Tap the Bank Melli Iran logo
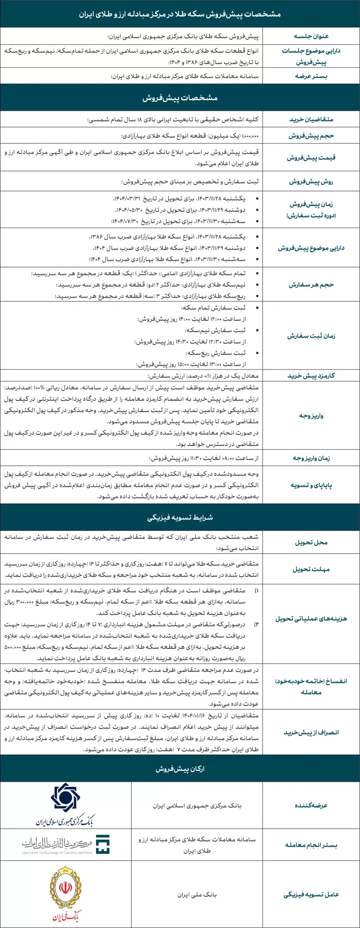pyautogui.click(x=65, y=893)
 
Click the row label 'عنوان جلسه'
pyautogui.click(x=311, y=36)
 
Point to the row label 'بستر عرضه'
pyautogui.click(x=311, y=76)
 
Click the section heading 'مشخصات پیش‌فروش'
pyautogui.click(x=180, y=98)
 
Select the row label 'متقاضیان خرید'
pyautogui.click(x=311, y=120)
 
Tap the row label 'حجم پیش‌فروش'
pyautogui.click(x=311, y=136)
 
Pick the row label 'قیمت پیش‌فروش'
pyautogui.click(x=311, y=158)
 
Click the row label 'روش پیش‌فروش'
pyautogui.click(x=311, y=181)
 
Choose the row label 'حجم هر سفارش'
pyautogui.click(x=311, y=285)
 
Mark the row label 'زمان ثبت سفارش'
pyautogui.click(x=311, y=336)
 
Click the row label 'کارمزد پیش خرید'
pyautogui.click(x=311, y=376)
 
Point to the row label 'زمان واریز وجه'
pyautogui.click(x=311, y=458)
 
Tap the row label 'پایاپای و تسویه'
pyautogui.click(x=311, y=485)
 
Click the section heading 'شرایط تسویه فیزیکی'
pyautogui.click(x=180, y=517)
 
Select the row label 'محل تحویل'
pyautogui.click(x=311, y=542)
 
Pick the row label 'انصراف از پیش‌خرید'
pyautogui.click(x=311, y=732)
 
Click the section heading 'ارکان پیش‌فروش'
pyautogui.click(x=180, y=769)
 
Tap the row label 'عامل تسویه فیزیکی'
pyautogui.click(x=311, y=894)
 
